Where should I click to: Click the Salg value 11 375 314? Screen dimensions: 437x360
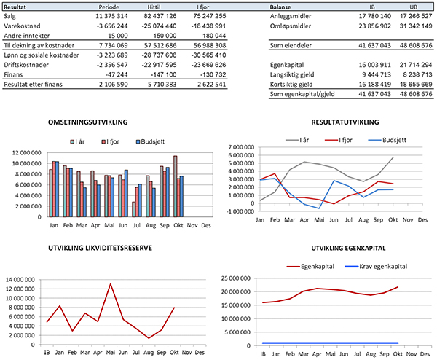pos(111,16)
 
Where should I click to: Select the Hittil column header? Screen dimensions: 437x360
pos(154,7)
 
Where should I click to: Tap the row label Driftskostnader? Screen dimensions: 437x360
pos(26,65)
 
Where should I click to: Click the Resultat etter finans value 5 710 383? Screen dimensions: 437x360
pos(162,85)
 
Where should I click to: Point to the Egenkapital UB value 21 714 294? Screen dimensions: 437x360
pos(416,65)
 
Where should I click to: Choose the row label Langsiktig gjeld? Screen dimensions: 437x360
pos(292,74)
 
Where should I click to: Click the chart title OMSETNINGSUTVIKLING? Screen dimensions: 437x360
pos(88,122)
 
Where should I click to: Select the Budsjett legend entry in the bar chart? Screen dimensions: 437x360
pos(150,141)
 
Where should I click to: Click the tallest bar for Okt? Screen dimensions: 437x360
pos(175,187)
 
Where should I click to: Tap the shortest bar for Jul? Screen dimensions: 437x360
pos(134,209)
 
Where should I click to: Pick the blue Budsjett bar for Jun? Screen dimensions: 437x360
pos(126,193)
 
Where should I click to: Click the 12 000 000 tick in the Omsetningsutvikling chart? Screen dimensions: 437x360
pos(27,152)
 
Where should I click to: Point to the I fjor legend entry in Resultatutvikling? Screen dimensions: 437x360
pos(339,140)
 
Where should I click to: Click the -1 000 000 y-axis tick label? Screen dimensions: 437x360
pos(241,211)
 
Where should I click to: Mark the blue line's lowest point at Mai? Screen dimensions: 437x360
pos(319,208)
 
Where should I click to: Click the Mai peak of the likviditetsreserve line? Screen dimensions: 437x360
pos(111,284)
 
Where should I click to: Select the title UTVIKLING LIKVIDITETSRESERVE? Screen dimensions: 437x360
pos(101,249)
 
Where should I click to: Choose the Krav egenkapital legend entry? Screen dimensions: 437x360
pos(376,267)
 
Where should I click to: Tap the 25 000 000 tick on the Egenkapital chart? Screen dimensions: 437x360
pos(236,278)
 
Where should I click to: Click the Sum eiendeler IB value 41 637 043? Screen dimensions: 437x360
pos(374,45)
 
